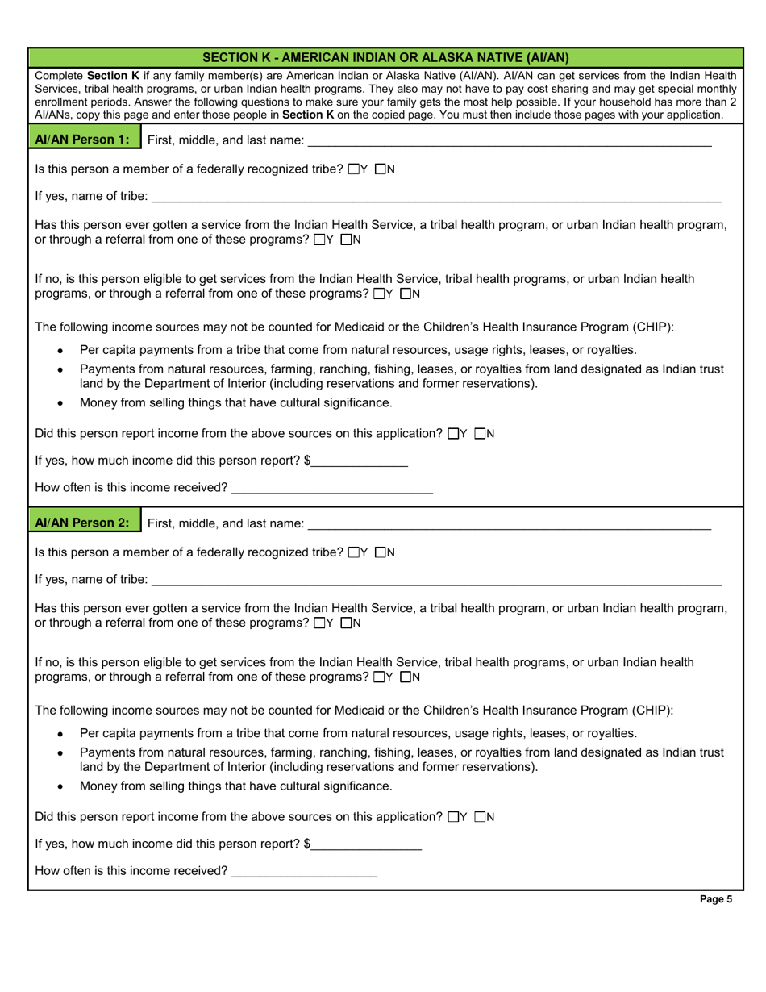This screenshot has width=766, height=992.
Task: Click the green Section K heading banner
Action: (385, 57)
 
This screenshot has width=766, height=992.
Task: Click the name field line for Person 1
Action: (510, 142)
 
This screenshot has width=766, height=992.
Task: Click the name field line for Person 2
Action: (510, 525)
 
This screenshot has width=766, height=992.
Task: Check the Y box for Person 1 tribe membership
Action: (354, 169)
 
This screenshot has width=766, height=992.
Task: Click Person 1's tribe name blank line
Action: (435, 198)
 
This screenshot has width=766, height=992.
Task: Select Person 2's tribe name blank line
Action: (435, 581)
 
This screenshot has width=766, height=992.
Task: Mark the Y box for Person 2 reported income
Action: (452, 816)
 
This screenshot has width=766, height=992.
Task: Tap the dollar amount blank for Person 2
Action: (366, 846)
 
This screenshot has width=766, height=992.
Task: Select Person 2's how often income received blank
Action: (304, 872)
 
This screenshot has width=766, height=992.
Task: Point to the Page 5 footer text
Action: (716, 901)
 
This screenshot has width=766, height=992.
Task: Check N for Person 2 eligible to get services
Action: (406, 677)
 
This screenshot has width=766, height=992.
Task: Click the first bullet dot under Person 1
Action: (60, 351)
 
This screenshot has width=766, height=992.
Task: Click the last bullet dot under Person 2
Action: (60, 786)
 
